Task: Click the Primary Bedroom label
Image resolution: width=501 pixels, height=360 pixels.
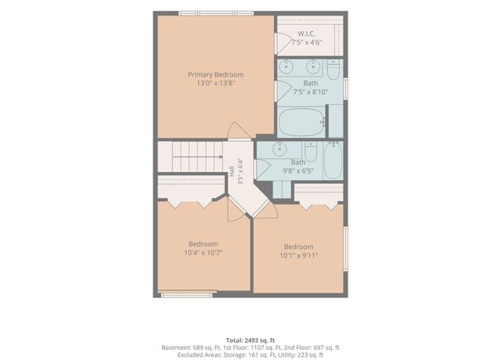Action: click(x=216, y=74)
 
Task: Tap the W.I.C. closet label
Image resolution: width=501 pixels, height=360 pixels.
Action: click(x=307, y=34)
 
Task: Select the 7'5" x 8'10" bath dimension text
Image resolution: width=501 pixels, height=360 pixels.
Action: click(x=311, y=92)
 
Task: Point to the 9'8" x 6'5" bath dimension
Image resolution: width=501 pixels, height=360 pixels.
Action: click(x=297, y=171)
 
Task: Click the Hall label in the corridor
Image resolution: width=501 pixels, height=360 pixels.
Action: click(x=232, y=171)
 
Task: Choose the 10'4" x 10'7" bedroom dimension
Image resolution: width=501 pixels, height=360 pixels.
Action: click(x=204, y=253)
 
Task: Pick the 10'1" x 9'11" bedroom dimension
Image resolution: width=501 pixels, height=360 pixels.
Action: click(x=299, y=255)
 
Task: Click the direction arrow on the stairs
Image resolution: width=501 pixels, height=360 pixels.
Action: click(x=197, y=157)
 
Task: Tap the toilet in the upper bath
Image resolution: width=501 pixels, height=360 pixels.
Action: click(x=333, y=70)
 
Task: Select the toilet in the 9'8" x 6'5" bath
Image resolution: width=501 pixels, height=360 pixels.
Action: click(x=311, y=152)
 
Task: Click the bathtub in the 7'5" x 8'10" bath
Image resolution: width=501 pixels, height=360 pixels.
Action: click(x=301, y=122)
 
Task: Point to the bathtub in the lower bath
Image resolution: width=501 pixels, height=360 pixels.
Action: click(x=333, y=160)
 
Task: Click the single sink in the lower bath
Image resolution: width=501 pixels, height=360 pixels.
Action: click(x=279, y=149)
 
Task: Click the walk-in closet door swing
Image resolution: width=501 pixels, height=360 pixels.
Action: click(x=282, y=44)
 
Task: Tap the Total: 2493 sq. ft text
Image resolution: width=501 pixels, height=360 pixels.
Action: click(x=250, y=340)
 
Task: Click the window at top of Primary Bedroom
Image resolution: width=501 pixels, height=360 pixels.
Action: click(x=216, y=13)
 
